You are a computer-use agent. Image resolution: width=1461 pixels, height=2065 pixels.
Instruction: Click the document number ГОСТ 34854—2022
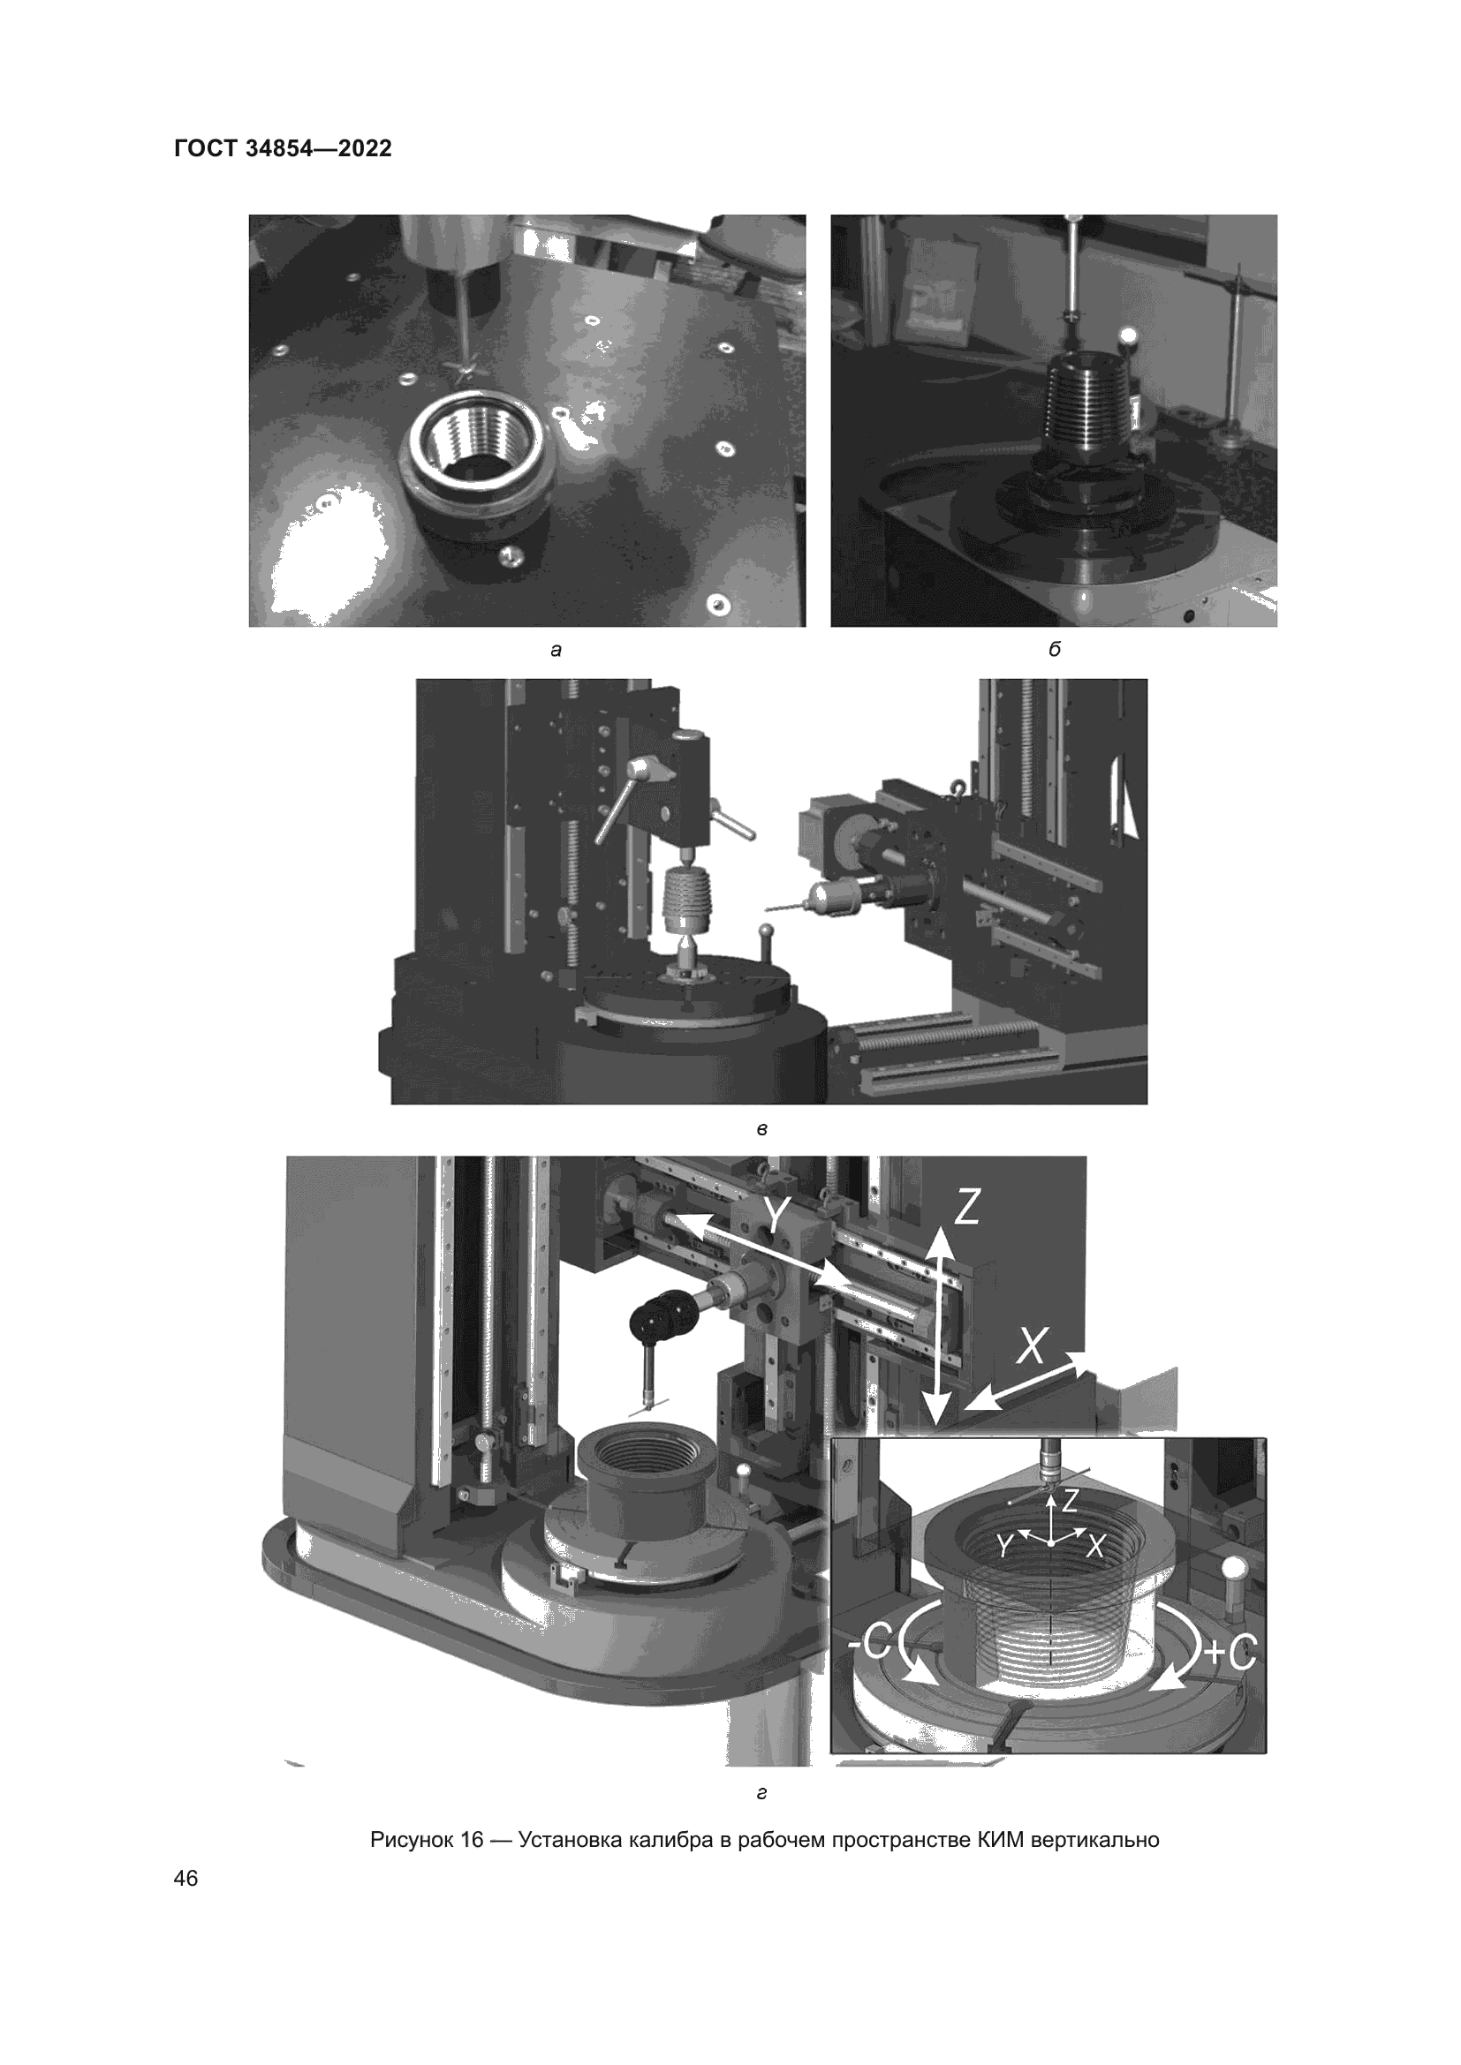coord(284,149)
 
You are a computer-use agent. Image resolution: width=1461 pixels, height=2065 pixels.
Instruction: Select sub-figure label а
coord(556,651)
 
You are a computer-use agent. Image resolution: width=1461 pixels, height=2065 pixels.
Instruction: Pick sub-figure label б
coord(1055,649)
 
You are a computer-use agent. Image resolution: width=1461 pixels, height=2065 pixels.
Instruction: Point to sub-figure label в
coord(762,1129)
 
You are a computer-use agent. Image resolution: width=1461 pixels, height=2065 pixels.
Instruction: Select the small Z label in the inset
coord(1070,1499)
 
